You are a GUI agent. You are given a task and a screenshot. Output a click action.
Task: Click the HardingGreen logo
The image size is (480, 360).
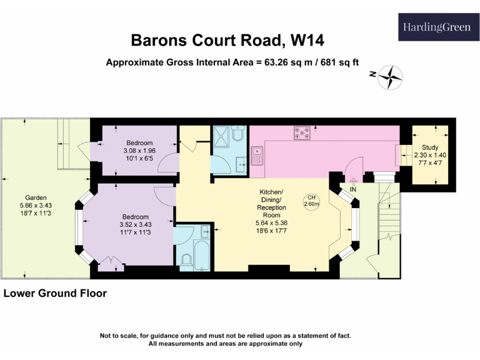[436, 27]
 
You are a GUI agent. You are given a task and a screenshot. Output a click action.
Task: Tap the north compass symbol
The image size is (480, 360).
[392, 77]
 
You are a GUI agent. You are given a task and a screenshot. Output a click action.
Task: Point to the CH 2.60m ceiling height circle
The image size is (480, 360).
[311, 200]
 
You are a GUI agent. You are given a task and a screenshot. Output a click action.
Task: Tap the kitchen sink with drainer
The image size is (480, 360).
[257, 153]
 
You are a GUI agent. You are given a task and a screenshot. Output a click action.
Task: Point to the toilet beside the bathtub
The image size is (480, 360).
[186, 261]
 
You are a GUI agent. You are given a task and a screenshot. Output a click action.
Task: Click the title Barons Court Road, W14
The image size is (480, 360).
[227, 41]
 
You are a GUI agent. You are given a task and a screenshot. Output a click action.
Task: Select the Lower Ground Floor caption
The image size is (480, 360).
[55, 293]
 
